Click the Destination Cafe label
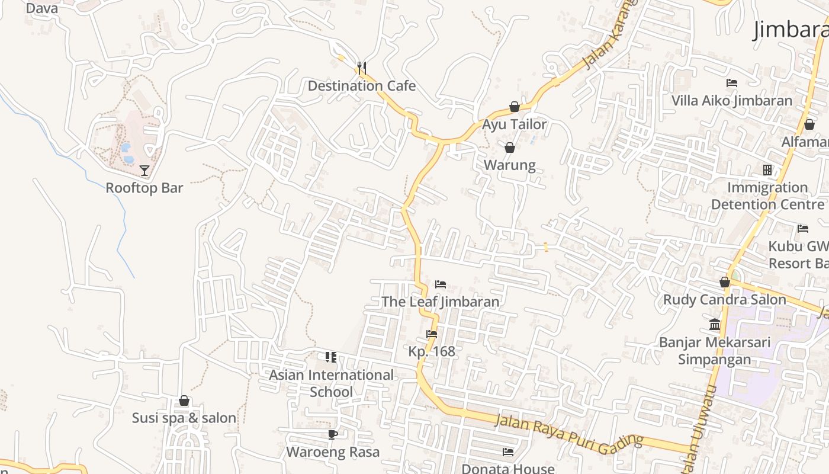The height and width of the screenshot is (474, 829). pos(361,86)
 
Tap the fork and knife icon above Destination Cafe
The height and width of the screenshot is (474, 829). pos(362,68)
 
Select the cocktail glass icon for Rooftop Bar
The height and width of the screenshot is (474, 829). pos(144,171)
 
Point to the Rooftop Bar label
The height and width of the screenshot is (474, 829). pos(144,188)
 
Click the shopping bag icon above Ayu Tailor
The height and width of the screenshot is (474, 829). pos(515,107)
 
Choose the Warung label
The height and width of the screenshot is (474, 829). pos(510,165)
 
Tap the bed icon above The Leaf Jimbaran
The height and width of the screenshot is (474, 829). pos(441,284)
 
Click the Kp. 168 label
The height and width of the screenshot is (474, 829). pos(432,351)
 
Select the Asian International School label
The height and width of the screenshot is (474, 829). pos(331,383)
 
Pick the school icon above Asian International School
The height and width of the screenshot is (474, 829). pos(331,357)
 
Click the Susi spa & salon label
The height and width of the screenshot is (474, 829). pos(184,418)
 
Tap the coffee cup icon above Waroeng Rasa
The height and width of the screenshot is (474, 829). pos(333,435)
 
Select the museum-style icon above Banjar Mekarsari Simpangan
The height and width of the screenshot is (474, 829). pos(715,325)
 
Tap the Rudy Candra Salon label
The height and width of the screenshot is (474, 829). pos(724,300)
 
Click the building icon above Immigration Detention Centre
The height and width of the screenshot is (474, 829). pos(767,171)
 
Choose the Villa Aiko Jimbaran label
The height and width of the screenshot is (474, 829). pos(731,101)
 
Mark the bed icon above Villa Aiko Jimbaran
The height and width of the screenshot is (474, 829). pos(732,83)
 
